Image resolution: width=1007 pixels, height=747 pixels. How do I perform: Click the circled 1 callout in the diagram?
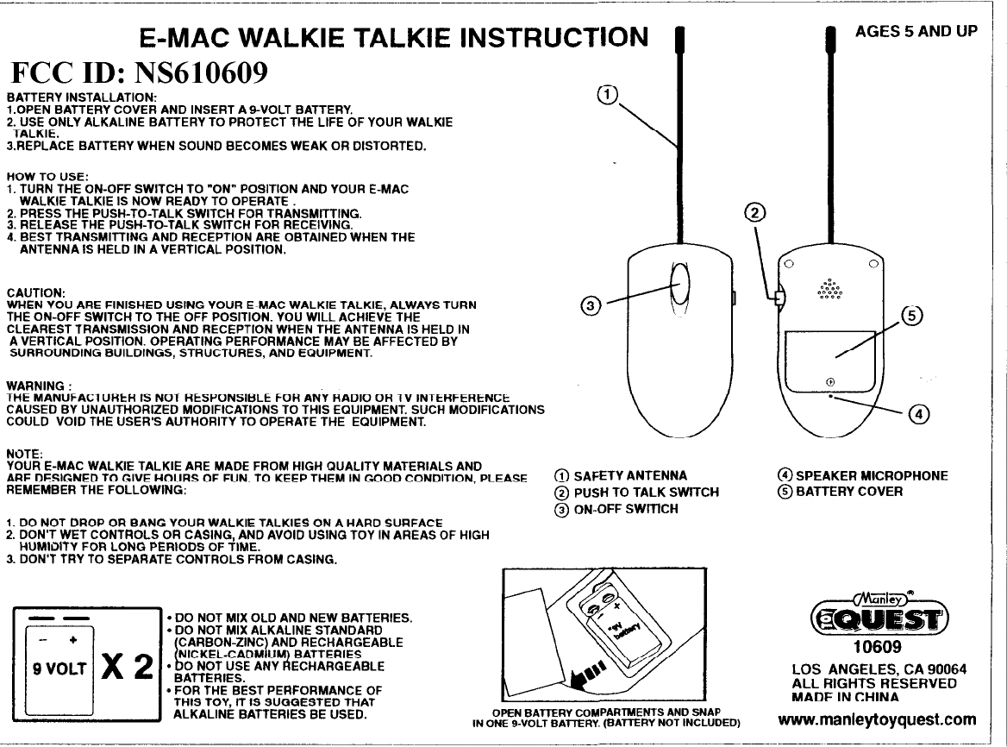point(607,94)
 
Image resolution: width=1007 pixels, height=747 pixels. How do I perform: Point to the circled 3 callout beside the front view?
point(590,305)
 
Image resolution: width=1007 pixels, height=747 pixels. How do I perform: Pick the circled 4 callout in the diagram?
point(920,415)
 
